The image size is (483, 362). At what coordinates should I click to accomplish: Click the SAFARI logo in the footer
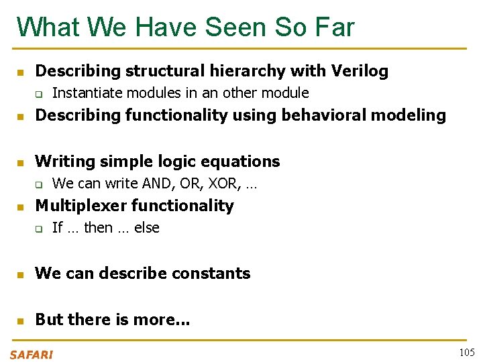pos(32,355)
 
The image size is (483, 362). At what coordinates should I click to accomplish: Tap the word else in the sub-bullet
pos(147,228)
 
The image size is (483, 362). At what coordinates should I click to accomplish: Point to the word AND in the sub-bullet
pos(147,183)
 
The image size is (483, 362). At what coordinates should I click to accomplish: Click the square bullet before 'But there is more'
pos(21,320)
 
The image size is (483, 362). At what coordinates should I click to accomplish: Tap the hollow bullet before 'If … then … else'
pos(38,229)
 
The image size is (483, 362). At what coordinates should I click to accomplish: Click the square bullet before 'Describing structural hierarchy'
pos(21,71)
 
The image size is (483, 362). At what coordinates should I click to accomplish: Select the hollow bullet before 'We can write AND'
pos(38,184)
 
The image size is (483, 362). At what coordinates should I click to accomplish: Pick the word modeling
pos(412,115)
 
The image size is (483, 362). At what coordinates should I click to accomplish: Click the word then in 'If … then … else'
pos(98,228)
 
